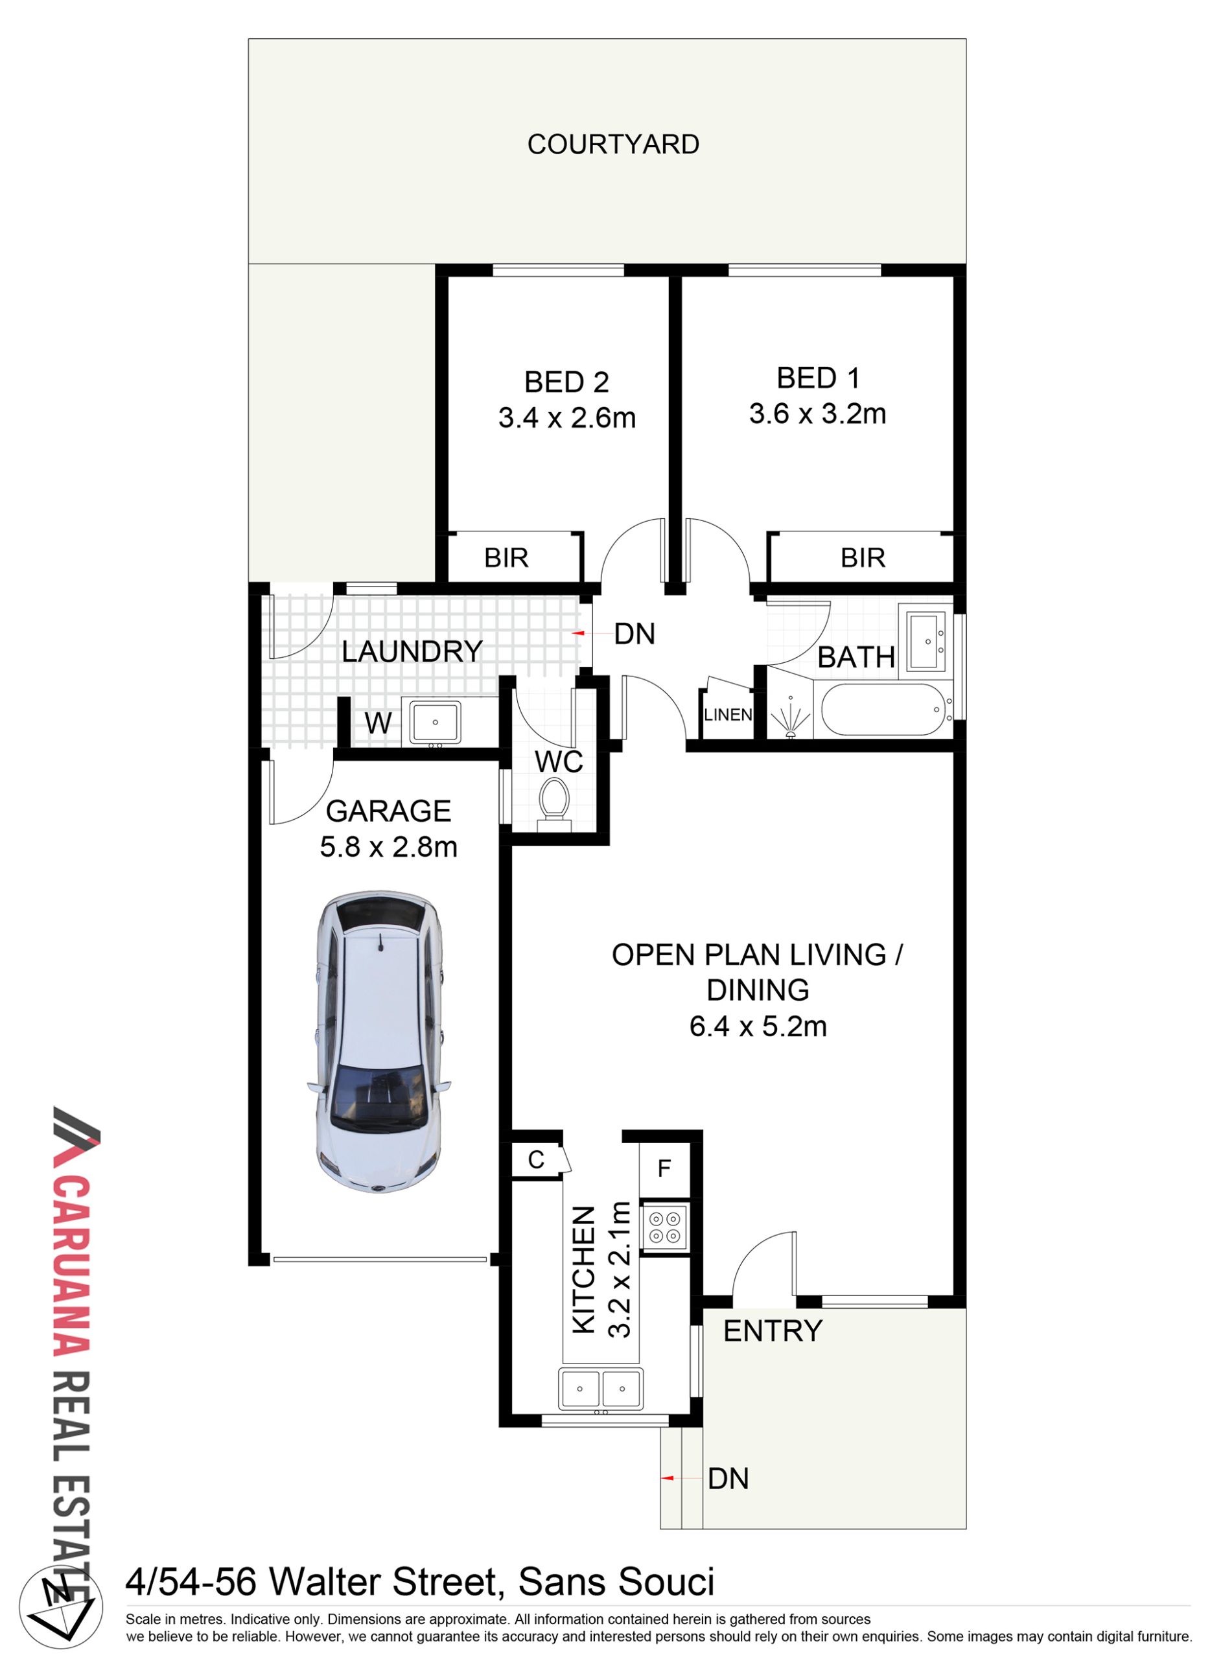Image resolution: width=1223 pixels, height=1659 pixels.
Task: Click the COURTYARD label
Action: point(613,145)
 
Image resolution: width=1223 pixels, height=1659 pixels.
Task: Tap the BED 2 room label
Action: point(566,382)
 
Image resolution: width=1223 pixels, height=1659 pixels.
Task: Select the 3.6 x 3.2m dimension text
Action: point(817,414)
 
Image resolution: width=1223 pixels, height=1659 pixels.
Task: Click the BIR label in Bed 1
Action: point(863,557)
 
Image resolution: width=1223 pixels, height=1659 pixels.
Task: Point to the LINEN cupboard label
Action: point(728,714)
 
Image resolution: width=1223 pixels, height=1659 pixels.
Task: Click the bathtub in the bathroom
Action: point(883,709)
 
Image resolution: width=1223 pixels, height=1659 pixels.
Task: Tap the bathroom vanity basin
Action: point(926,641)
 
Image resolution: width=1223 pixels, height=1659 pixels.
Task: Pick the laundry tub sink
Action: point(436,722)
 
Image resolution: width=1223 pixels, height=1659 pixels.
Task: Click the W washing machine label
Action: point(378,723)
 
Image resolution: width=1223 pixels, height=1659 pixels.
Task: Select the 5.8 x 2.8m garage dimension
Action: point(389,847)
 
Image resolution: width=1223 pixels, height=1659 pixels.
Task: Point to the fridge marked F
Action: point(664,1168)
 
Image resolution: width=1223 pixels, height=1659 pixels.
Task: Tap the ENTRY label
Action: point(772,1331)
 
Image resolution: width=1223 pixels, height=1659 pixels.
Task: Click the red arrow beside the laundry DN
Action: point(578,634)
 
